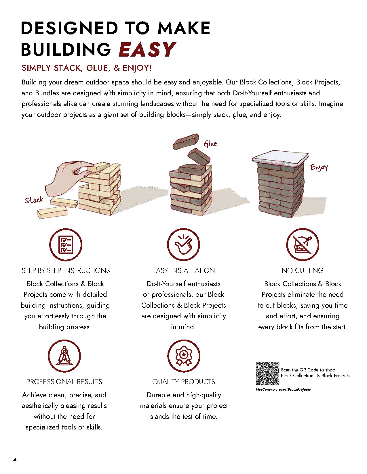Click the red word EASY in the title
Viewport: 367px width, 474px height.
(x=147, y=49)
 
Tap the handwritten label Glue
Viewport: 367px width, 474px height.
(x=210, y=143)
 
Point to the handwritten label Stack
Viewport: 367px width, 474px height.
(x=34, y=200)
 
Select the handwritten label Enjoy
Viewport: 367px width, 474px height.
(x=319, y=167)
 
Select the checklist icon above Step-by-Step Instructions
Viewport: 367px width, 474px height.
(x=66, y=245)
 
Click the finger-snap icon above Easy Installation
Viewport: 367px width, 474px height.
(x=183, y=245)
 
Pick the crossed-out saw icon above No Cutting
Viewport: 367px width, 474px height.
(x=303, y=245)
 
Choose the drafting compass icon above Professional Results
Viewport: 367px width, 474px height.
(x=64, y=356)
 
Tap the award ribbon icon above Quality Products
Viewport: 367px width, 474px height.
(x=183, y=356)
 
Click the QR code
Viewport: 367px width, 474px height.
(x=267, y=373)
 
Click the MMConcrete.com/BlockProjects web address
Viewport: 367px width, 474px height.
(x=283, y=390)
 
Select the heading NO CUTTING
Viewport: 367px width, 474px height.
(x=303, y=271)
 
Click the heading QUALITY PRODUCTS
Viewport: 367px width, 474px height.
(x=183, y=382)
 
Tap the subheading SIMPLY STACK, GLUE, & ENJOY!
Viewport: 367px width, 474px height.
(x=86, y=68)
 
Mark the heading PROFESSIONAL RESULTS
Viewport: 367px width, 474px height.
(x=64, y=382)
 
